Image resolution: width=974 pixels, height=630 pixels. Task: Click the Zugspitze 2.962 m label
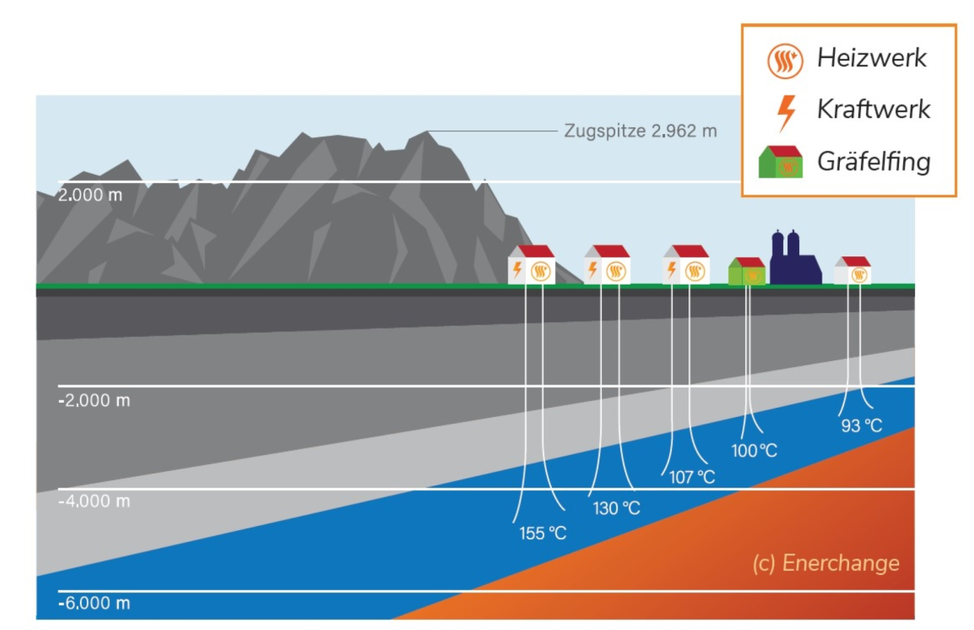639,131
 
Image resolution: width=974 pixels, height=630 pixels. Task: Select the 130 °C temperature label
616,508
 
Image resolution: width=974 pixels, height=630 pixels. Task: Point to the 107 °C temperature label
692,478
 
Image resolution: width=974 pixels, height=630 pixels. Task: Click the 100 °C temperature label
754,451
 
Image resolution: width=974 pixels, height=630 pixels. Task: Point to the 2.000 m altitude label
92,196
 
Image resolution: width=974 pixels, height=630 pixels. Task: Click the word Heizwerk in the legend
872,58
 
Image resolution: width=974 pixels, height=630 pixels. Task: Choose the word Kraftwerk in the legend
873,109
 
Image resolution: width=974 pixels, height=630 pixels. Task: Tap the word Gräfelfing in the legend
873,161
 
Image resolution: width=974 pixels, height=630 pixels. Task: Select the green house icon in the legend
780,162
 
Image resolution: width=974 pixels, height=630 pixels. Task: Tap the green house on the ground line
747,271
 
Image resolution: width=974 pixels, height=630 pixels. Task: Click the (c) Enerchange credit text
826,563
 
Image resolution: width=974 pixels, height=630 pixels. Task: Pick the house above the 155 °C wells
531,265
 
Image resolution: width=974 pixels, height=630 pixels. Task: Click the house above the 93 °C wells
853,270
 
